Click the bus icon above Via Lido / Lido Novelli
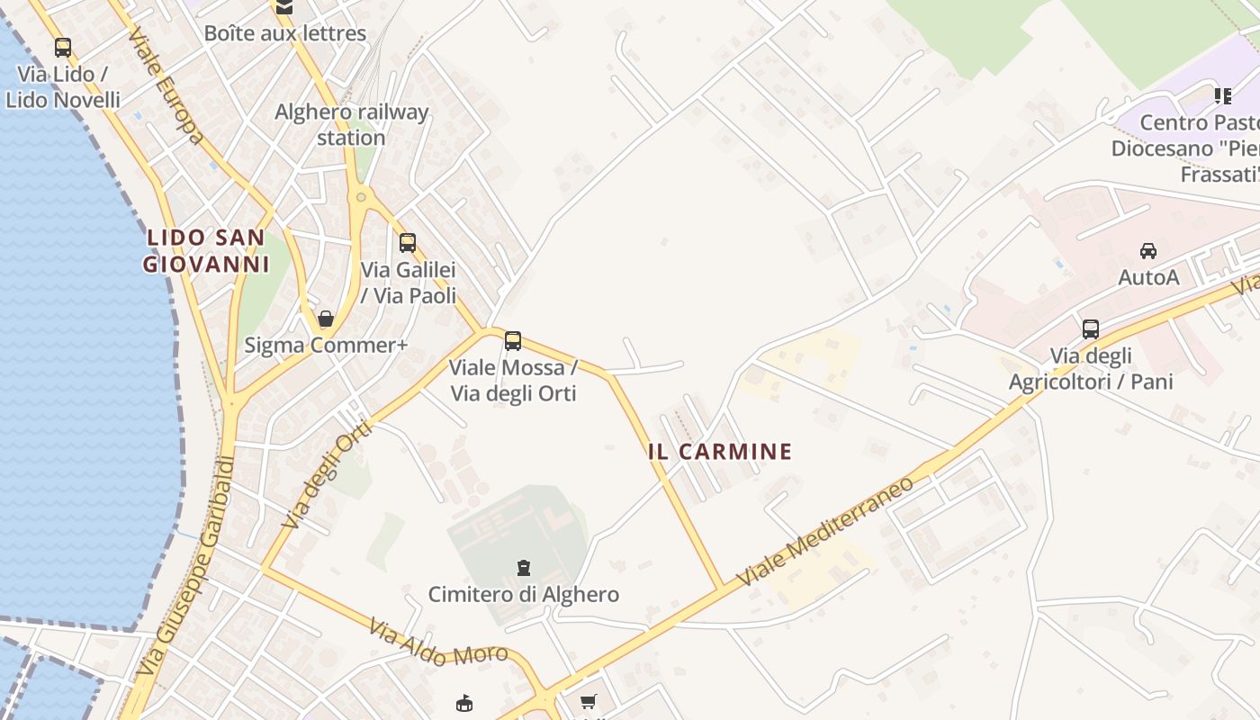[62, 48]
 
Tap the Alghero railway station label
[351, 125]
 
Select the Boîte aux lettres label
[284, 33]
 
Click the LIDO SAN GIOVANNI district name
[207, 251]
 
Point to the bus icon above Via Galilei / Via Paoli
[408, 242]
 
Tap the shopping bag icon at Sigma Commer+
[326, 319]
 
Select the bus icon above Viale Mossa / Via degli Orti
[513, 341]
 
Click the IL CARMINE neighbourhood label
[720, 452]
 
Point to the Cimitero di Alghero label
[523, 595]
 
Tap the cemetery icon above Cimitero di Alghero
[523, 568]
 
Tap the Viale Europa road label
[166, 87]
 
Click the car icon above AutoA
[1148, 251]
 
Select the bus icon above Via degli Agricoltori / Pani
[1091, 328]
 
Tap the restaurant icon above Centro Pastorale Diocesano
[1222, 95]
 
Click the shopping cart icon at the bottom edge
[589, 702]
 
